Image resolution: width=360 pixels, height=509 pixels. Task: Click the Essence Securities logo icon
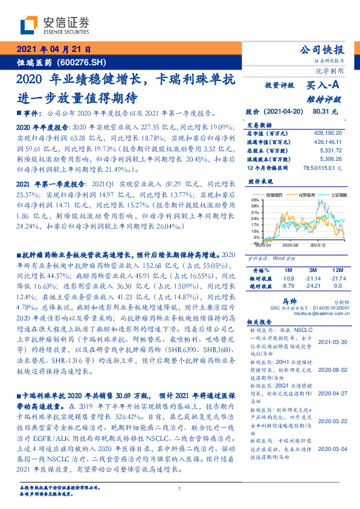pos(28,25)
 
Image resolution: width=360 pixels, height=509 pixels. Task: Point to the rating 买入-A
pos(324,86)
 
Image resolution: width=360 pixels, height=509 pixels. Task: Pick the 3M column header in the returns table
pos(312,269)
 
